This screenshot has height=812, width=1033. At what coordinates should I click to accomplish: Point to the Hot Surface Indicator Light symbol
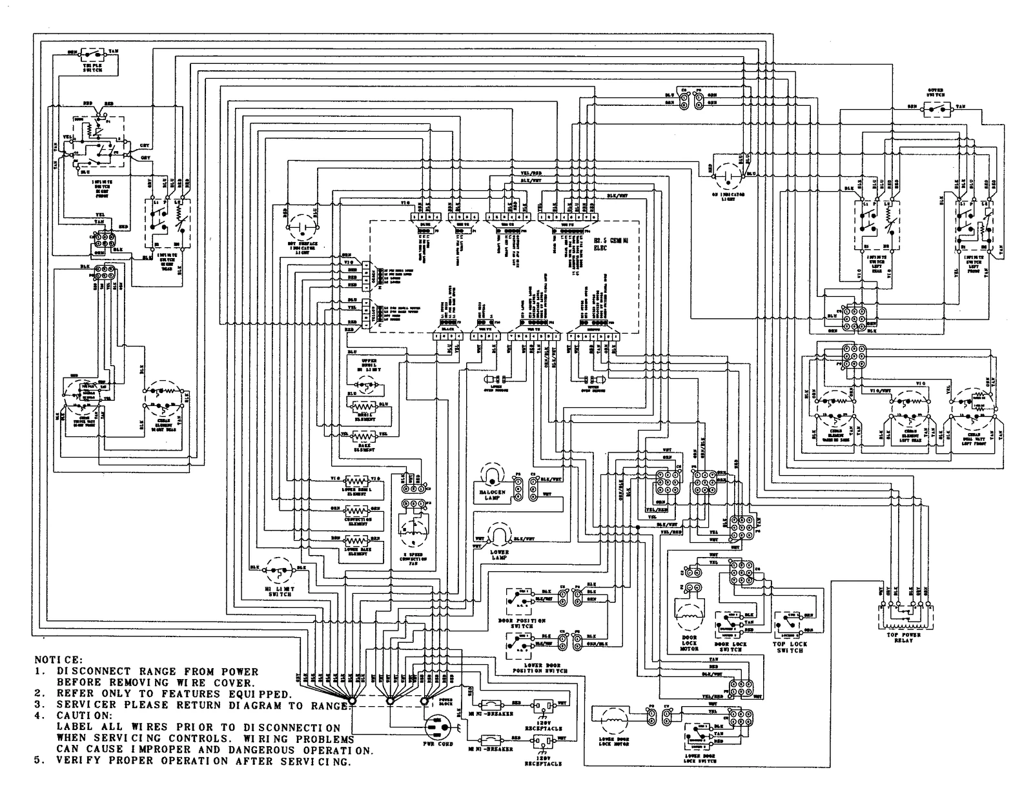click(302, 229)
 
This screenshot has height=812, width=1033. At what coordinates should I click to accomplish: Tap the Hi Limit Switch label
click(278, 590)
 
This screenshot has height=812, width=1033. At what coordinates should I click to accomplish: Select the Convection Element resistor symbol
click(357, 510)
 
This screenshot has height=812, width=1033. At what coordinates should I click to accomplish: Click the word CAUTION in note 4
click(79, 716)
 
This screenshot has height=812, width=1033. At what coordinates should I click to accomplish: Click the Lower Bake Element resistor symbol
click(357, 540)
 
